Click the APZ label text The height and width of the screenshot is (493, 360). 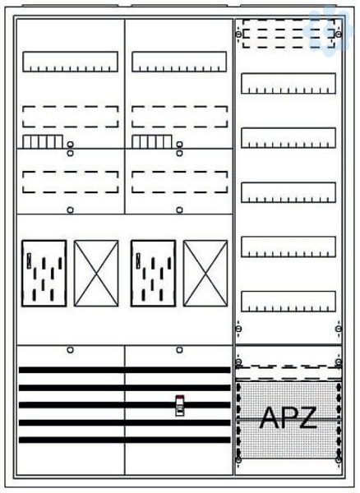click(x=288, y=418)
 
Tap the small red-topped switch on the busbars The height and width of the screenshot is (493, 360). click(x=179, y=406)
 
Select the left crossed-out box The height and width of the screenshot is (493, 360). click(x=96, y=274)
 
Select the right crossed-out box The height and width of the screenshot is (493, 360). click(x=205, y=274)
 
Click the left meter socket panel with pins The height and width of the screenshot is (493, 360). click(x=44, y=274)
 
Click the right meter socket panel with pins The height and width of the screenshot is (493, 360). click(x=153, y=274)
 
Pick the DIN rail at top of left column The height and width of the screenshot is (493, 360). click(x=70, y=62)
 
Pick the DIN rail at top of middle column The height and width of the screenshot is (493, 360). click(x=179, y=62)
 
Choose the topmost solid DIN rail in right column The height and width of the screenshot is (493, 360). click(x=288, y=83)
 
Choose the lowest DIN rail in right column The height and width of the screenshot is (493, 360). click(x=288, y=302)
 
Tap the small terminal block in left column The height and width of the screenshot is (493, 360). click(x=43, y=141)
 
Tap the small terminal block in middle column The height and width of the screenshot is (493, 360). click(x=152, y=141)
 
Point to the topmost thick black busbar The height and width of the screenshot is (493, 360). click(x=124, y=370)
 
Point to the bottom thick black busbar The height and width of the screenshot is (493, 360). click(x=124, y=440)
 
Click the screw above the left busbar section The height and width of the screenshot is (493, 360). click(x=71, y=350)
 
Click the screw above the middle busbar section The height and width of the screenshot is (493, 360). click(x=179, y=350)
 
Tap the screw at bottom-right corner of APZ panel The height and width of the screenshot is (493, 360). click(x=339, y=460)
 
